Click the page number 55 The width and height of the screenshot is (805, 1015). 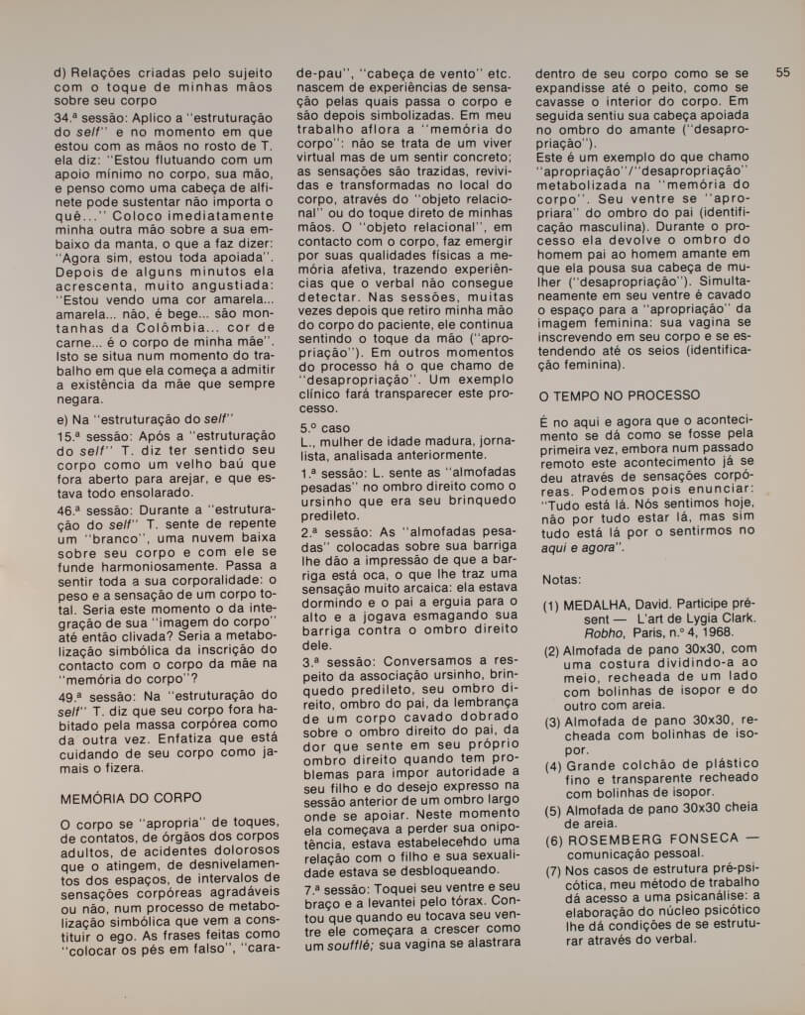pos(782,72)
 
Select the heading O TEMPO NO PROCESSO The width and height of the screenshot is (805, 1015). pos(619,395)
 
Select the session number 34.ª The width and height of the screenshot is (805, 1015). pos(73,116)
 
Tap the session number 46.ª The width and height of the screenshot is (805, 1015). pos(73,508)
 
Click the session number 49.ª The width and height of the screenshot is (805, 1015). pos(73,695)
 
